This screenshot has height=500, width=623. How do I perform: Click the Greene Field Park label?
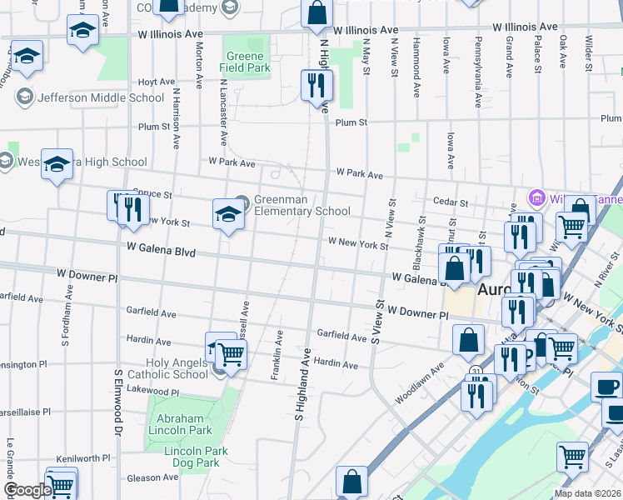[246, 62]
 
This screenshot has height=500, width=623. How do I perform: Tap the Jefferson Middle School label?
[101, 97]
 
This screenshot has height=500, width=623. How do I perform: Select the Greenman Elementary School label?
[302, 205]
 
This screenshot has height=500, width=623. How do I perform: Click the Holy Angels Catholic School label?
[167, 368]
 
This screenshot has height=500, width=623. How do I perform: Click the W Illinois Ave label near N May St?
[366, 29]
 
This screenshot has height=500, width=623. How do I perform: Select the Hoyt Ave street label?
[157, 82]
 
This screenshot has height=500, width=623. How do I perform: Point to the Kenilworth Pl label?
[83, 458]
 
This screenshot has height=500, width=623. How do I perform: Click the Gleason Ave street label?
[153, 477]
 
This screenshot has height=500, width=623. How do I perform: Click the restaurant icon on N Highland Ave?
[316, 85]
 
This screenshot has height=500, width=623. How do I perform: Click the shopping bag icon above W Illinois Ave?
[316, 12]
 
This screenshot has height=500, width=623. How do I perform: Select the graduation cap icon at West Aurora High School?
[57, 164]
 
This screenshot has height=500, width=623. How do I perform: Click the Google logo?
[27, 490]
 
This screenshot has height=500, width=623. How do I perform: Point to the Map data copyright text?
[587, 493]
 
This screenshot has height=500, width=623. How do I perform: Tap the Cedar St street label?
[451, 202]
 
